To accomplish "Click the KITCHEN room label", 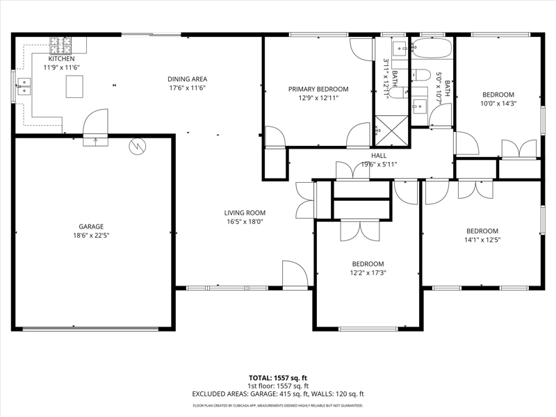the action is pos(61,59).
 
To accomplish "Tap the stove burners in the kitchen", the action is pos(60,45).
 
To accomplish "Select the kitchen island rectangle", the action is pos(74,86).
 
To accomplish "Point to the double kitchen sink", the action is pos(24,86).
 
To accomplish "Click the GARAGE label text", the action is pos(91,227).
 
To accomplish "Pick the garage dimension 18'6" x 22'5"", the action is pos(91,236).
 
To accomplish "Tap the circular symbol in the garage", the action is pos(137,146).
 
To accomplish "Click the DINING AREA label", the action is pos(187,79).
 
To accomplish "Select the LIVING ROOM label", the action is pos(245,213).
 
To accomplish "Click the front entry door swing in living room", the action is pos(295,274).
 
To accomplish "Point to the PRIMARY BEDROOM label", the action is pos(318,89).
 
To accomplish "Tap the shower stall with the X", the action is pos(392,130).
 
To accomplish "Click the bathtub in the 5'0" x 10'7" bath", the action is pos(432,48).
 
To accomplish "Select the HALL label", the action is pos(379,155).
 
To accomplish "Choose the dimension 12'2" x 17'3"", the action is pos(368,272).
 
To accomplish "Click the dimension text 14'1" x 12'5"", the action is pos(482,240).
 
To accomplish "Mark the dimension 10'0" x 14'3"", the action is pos(498,104).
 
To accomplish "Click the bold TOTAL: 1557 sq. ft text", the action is pos(278,378).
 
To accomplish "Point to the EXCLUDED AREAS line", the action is pos(278,394).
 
